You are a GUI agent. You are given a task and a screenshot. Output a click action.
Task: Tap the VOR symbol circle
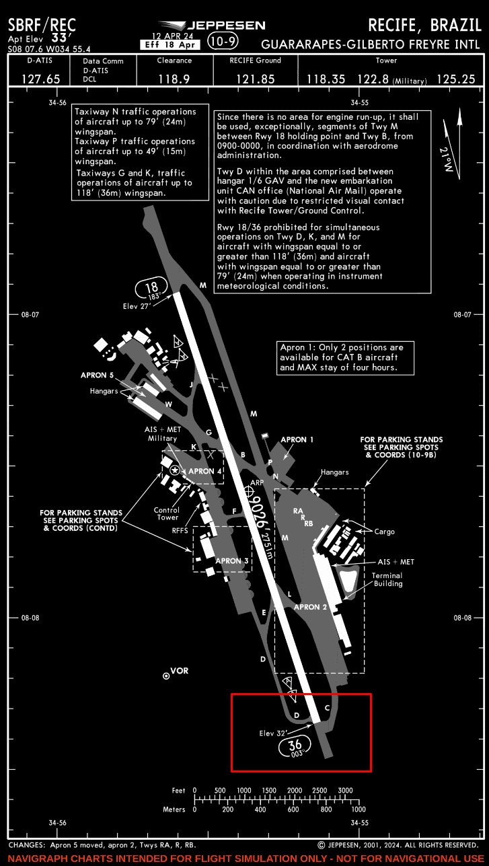coord(166,675)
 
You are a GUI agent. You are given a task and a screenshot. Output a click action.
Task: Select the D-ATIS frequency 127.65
coord(40,79)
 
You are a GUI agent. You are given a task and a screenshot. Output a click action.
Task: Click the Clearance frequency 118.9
coord(174,79)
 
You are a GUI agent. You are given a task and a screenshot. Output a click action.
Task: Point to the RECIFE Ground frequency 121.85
coord(255,79)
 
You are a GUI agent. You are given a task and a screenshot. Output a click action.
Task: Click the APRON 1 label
coord(297,439)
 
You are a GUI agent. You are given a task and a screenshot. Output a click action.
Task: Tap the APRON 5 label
coord(98,375)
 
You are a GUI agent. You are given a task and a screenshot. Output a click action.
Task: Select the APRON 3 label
coord(232,561)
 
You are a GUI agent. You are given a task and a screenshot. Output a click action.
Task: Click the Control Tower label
coord(167,513)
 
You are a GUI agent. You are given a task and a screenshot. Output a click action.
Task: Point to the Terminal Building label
coord(387,579)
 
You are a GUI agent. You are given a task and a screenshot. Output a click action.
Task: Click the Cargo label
coord(385,532)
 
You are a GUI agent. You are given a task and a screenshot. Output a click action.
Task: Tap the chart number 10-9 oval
coord(222,42)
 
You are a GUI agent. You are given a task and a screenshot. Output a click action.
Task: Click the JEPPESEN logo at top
coord(214,26)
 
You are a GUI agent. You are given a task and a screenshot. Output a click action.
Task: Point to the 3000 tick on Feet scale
coord(345,790)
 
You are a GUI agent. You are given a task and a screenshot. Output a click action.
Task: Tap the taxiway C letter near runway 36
coord(328,707)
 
